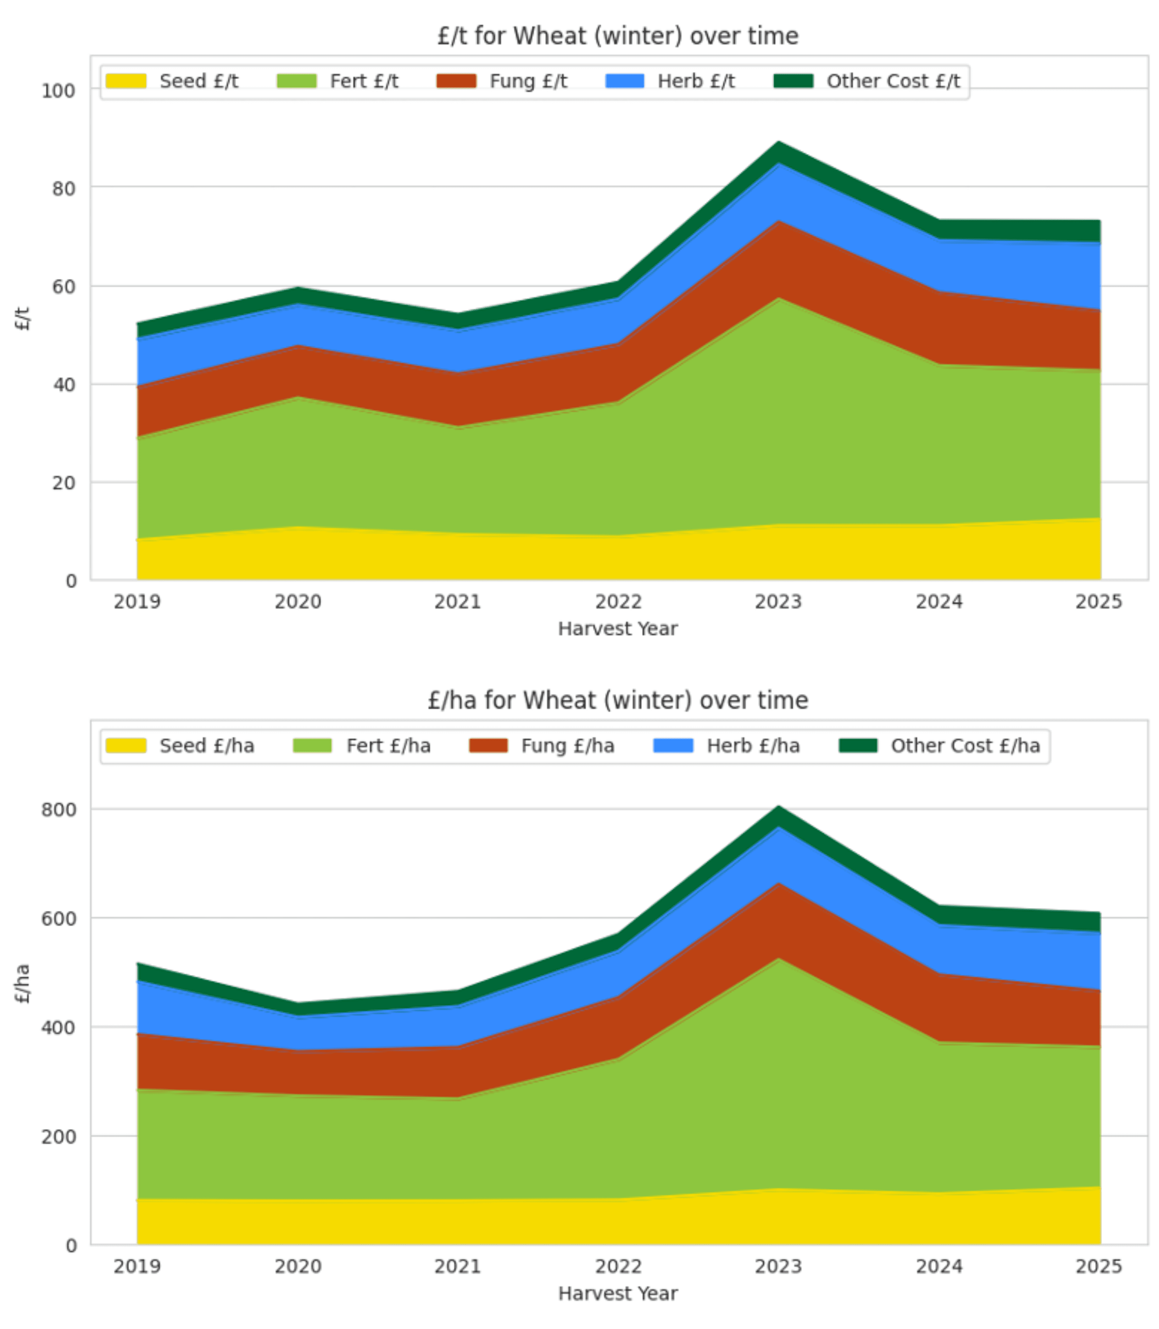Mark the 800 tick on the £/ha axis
point(58,809)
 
